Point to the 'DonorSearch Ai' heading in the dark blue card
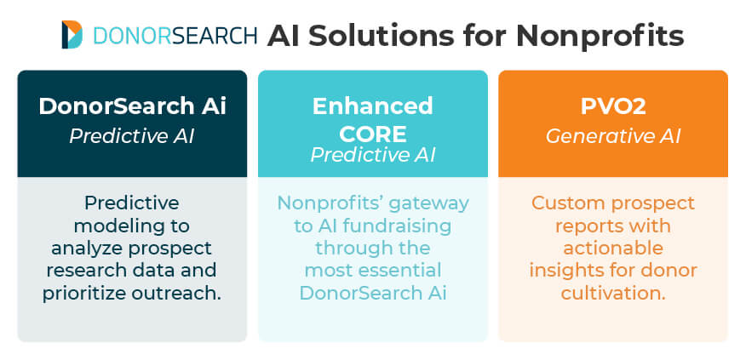click(132, 106)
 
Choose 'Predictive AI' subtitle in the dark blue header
click(132, 135)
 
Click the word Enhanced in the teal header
click(372, 106)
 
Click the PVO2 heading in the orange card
click(612, 106)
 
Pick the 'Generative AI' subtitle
click(612, 135)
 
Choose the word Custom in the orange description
click(563, 203)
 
